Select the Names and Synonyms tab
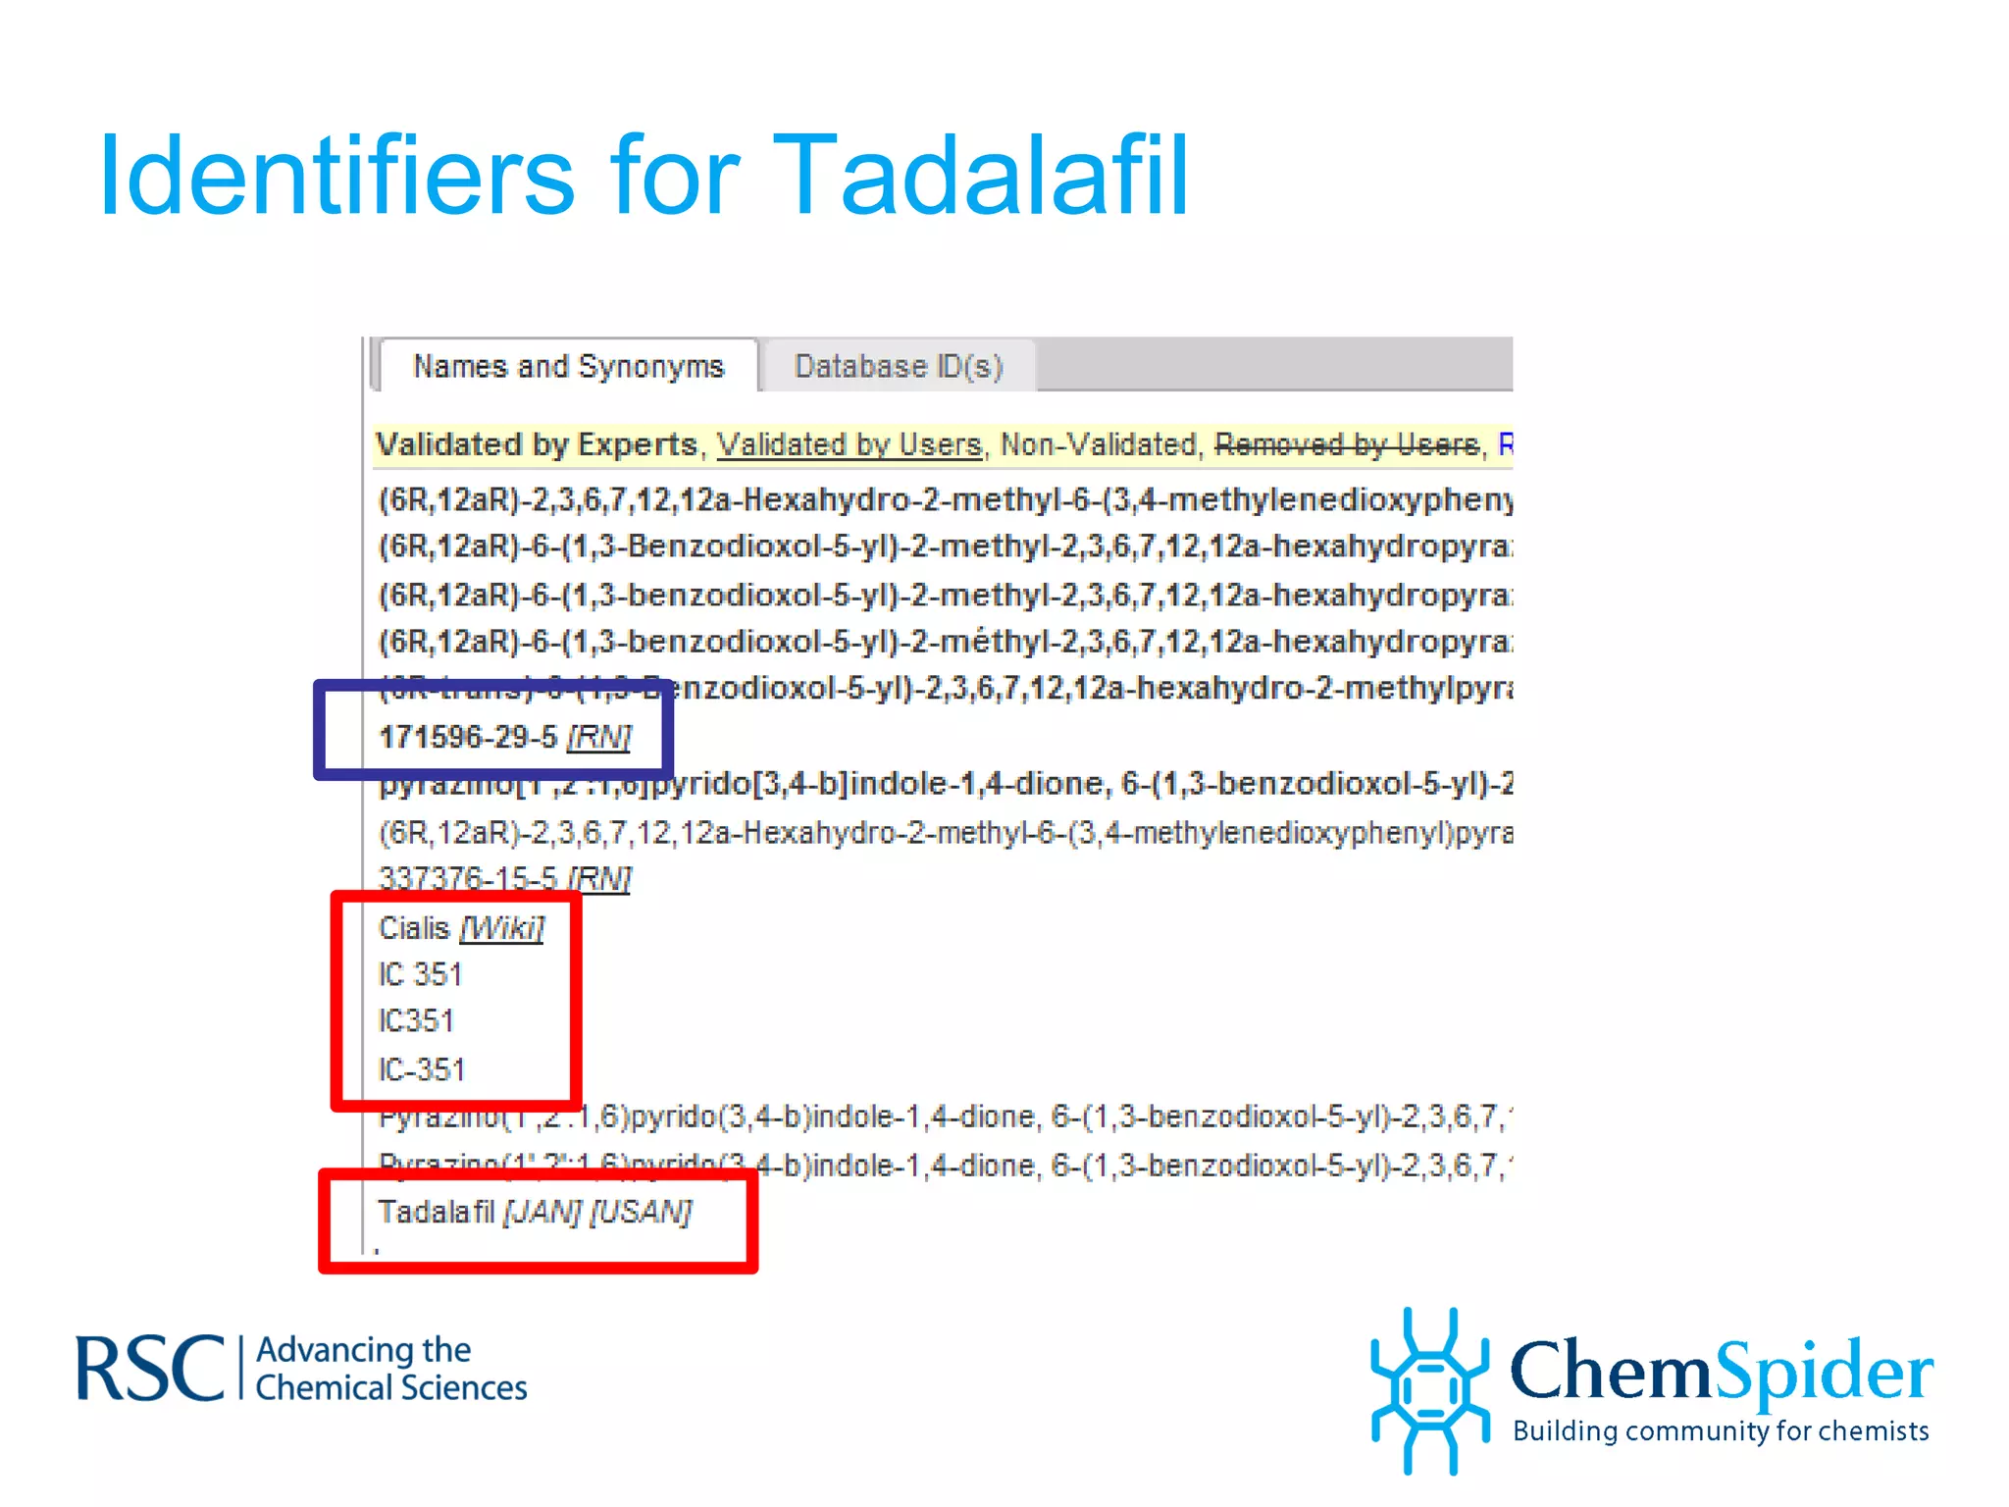coord(568,366)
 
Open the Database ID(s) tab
coord(898,366)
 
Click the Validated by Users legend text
coord(849,444)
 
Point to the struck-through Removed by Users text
coord(1347,444)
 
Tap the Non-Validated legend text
coord(1098,444)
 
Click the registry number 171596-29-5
coord(468,737)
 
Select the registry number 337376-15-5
coord(468,878)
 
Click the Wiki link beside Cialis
coord(502,927)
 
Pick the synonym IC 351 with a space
coord(420,974)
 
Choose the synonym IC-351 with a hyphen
coord(422,1068)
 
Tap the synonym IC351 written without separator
coord(417,1020)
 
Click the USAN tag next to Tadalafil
coord(642,1212)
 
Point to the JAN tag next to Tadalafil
coord(542,1212)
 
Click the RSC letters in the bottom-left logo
coord(150,1369)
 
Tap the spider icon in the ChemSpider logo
coord(1430,1388)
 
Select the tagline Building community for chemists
coord(1721,1430)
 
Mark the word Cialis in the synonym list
coord(414,927)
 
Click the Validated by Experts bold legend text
coord(536,444)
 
